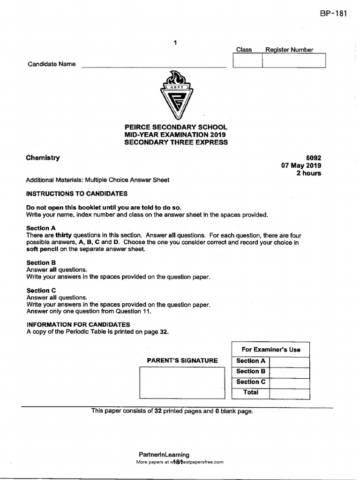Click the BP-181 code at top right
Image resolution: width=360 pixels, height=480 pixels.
tap(333, 13)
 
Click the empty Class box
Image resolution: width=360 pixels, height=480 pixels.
tap(247, 61)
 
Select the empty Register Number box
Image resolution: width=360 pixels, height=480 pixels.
tap(293, 61)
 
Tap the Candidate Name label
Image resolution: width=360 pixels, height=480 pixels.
tap(52, 64)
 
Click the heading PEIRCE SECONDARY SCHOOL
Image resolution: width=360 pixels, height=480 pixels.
tap(176, 127)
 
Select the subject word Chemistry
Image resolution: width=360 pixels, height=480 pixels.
tap(43, 158)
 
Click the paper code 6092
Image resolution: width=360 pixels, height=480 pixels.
tap(314, 158)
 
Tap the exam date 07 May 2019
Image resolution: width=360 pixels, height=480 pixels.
tap(301, 165)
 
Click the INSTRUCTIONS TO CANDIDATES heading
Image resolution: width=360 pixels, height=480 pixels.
tap(76, 194)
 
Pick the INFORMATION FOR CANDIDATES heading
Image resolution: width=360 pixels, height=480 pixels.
tap(78, 324)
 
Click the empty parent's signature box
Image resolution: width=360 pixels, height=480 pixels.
tap(182, 382)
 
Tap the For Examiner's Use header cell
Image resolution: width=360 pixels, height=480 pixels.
tap(270, 349)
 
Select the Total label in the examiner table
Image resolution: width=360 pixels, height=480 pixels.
tap(251, 392)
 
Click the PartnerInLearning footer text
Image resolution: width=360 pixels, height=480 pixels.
tap(164, 454)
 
